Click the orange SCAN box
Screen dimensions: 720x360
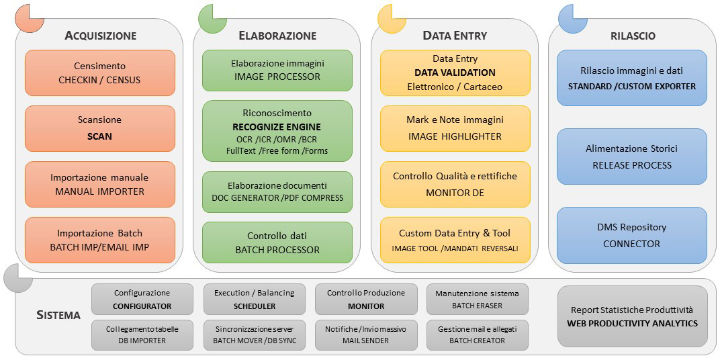[x=100, y=128]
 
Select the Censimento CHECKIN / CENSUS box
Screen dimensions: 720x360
[x=100, y=73]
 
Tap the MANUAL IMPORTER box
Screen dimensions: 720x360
[x=100, y=184]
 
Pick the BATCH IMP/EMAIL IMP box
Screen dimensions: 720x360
[x=100, y=240]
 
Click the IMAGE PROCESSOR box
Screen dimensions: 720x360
[x=277, y=71]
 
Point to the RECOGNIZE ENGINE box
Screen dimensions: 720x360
[x=277, y=131]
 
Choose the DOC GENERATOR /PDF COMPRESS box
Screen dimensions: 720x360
[x=277, y=192]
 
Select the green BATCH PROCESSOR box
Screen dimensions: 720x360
[x=277, y=242]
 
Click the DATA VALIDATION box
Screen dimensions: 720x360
[x=455, y=73]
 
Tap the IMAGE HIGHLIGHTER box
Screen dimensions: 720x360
[x=455, y=128]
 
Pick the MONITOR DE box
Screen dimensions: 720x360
[x=455, y=184]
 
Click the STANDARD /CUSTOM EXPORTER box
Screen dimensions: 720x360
[x=632, y=78]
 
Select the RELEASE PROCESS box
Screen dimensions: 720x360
[x=632, y=156]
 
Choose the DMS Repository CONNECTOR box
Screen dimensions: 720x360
[x=632, y=235]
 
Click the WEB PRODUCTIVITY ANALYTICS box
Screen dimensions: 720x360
[x=633, y=316]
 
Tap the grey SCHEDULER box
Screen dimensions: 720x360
[x=255, y=299]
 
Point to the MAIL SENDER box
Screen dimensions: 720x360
[x=367, y=334]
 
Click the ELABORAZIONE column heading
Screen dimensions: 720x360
[x=278, y=36]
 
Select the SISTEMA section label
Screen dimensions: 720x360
[x=58, y=316]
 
